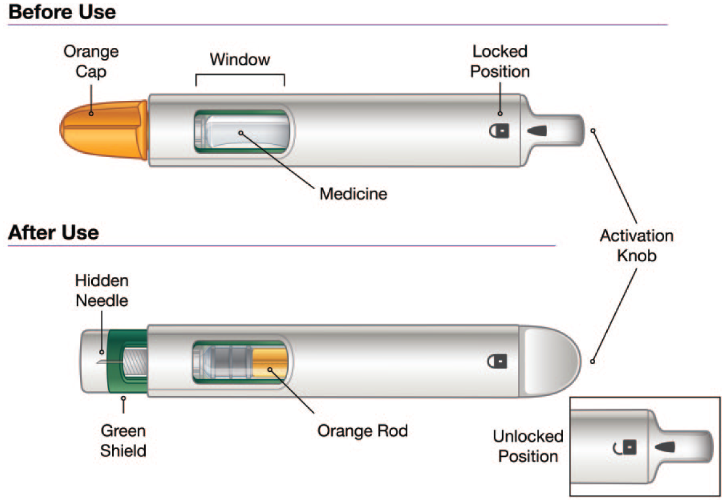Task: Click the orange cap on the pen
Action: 104,130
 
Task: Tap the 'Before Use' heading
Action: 62,12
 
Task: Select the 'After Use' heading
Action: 53,233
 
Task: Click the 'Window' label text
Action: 240,59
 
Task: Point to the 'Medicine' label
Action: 353,194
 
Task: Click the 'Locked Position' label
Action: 500,61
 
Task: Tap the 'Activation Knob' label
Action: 637,246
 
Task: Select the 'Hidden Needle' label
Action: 102,290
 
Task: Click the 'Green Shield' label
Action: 123,440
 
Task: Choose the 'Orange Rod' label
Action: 362,431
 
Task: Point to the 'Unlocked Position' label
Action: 528,446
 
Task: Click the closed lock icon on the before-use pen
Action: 499,131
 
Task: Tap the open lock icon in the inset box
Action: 625,447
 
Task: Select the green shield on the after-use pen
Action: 127,361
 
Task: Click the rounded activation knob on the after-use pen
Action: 549,361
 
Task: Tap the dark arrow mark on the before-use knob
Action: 537,131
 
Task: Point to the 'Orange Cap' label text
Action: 91,61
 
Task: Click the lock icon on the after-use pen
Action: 497,362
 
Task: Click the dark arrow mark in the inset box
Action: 665,447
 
